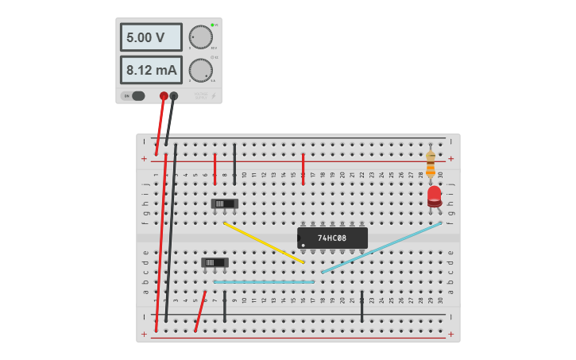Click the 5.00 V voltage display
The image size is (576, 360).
(x=151, y=37)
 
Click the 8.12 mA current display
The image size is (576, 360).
(x=151, y=70)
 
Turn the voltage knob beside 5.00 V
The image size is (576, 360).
(x=200, y=37)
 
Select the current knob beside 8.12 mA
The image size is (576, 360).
(x=200, y=70)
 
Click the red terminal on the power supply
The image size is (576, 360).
(x=164, y=96)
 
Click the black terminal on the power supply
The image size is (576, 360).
(x=174, y=96)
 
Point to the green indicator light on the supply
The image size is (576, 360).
(x=212, y=25)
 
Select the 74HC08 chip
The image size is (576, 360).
(x=332, y=238)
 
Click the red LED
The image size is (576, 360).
(x=434, y=195)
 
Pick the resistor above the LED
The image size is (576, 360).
(x=431, y=164)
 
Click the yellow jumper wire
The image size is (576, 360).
(x=264, y=242)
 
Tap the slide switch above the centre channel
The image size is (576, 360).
(x=225, y=203)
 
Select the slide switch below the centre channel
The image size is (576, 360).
(x=215, y=262)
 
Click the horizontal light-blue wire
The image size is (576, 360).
(x=264, y=281)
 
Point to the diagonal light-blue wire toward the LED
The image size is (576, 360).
(x=381, y=247)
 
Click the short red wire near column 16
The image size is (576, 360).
(x=303, y=168)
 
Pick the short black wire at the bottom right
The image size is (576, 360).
(x=361, y=306)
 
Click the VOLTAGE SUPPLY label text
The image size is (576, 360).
(x=200, y=95)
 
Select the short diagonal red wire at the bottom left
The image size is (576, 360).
(x=200, y=311)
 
